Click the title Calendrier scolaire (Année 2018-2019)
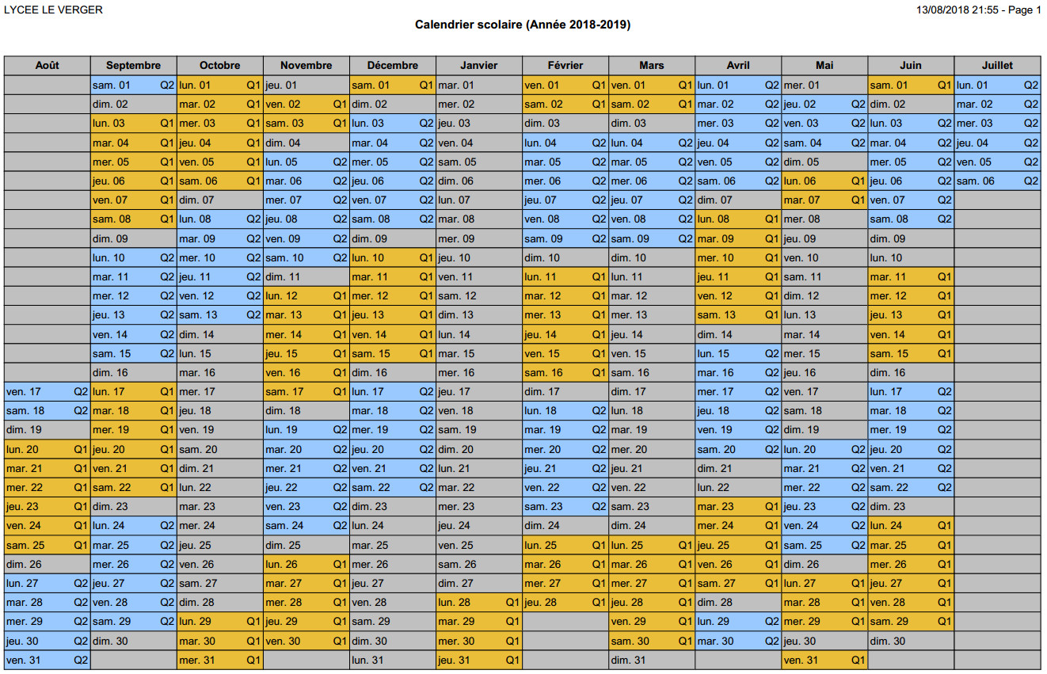coord(523,25)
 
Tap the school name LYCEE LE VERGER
coord(54,10)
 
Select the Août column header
coord(47,66)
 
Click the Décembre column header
coord(392,66)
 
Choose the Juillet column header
coord(996,66)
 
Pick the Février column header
coord(565,66)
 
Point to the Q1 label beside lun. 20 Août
coord(81,449)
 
